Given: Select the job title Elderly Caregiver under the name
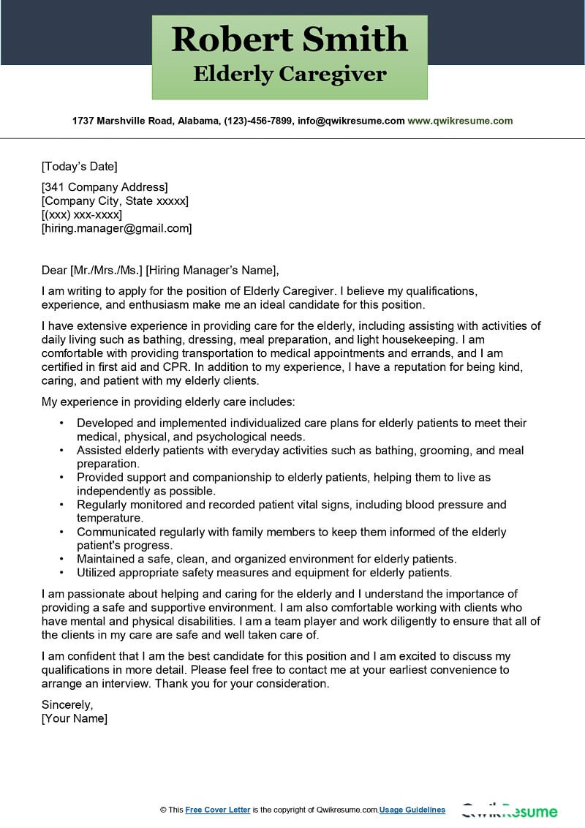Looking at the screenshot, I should (x=290, y=74).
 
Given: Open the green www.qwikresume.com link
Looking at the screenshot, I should (x=460, y=121).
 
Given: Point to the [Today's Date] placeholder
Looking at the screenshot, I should (x=79, y=166).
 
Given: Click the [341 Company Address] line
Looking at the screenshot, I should (x=105, y=187).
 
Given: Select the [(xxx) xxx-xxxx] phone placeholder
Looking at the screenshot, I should (x=82, y=214).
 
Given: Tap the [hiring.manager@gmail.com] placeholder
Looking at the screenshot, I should (x=117, y=228).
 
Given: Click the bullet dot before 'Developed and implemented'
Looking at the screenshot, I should (x=62, y=424).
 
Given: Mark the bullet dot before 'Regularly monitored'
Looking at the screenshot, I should (x=62, y=505).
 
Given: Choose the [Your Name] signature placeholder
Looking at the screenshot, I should (x=75, y=718).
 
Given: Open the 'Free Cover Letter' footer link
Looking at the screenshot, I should (x=218, y=810).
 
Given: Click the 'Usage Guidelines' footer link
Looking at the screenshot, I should (x=412, y=810).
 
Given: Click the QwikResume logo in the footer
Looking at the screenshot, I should (x=510, y=811).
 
